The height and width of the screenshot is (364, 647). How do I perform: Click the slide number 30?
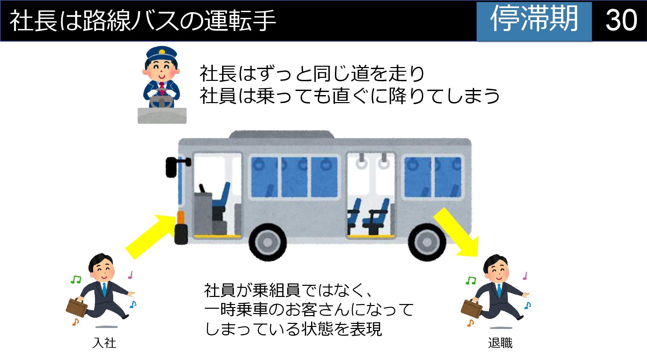621,20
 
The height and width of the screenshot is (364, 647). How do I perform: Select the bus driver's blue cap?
161,53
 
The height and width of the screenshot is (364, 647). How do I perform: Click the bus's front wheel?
268,242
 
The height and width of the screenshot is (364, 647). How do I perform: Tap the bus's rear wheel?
426,242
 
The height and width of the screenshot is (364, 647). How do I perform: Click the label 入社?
104,343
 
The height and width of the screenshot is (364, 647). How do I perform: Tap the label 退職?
500,343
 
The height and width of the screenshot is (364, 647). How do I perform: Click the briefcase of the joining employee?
76,308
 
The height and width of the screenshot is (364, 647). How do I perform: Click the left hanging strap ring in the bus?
362,163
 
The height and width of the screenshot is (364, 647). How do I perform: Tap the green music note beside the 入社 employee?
76,279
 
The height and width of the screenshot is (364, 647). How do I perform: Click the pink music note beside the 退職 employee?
525,276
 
